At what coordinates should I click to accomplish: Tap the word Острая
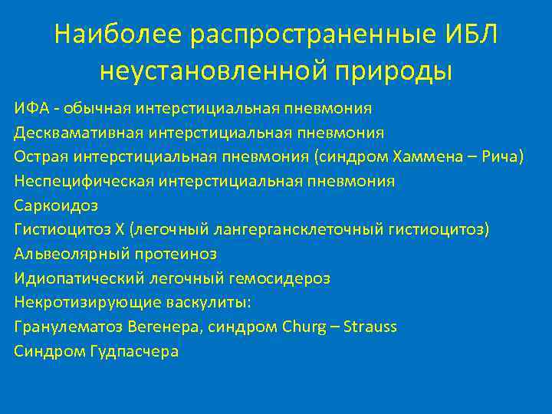point(41,156)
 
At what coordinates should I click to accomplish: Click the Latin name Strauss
point(370,327)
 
